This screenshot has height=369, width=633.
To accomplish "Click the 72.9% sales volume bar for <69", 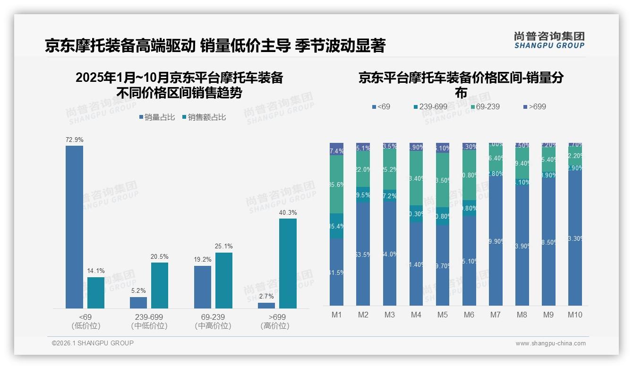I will pos(74,227).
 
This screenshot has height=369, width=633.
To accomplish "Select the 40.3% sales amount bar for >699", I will pos(288,263).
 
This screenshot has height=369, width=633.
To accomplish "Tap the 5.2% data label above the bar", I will pos(138,291).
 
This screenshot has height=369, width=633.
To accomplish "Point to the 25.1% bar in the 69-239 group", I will pos(224,281).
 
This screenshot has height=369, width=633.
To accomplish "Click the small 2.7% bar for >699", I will pos(266,306).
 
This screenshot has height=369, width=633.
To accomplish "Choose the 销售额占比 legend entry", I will pos(204,117).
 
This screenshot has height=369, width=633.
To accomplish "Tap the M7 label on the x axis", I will pos(495,315).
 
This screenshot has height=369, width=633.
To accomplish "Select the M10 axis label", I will pos(575,315).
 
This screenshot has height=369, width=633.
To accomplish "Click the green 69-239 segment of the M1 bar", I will pos(336,184).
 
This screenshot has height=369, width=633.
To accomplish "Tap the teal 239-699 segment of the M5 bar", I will pos(443,216).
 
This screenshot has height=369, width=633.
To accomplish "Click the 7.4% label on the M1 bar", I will pos(336,151).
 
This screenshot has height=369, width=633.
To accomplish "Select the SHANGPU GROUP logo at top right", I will pos(549,40).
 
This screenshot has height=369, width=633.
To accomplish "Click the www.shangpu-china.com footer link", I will pos(550,343).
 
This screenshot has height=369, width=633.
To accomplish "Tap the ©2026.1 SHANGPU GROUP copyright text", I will pos(93,343).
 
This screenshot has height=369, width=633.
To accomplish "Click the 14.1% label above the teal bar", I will pos(96,271).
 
